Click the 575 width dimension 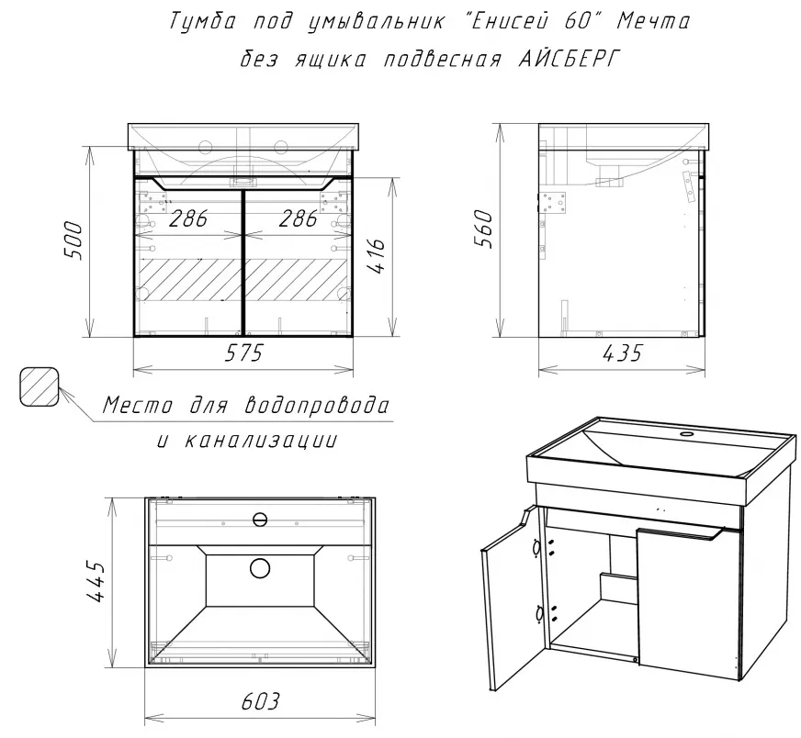tap(243, 352)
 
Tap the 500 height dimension tap(73, 240)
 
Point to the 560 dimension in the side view tap(484, 229)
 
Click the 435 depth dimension tap(622, 352)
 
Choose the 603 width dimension tap(261, 701)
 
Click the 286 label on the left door tap(188, 219)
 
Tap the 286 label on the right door tap(298, 219)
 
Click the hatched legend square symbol tap(39, 386)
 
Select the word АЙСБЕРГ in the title tap(569, 60)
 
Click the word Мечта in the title tap(653, 22)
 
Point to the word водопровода tap(317, 406)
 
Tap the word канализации tap(260, 441)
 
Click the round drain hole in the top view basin tap(260, 567)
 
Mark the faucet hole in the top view tap(260, 520)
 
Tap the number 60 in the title tap(577, 22)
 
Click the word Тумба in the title tap(201, 22)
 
